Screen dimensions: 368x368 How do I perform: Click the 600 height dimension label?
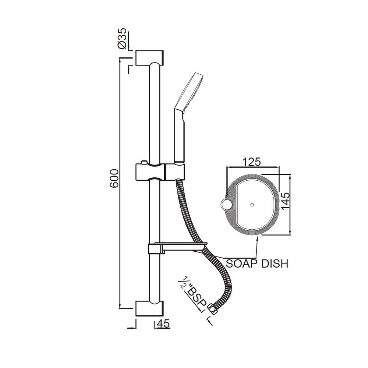115,179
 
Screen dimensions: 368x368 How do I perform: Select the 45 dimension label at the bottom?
162,324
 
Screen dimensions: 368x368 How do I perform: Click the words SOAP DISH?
256,263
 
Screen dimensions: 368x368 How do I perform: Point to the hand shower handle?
179,136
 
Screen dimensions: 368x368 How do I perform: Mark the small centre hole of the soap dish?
252,204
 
